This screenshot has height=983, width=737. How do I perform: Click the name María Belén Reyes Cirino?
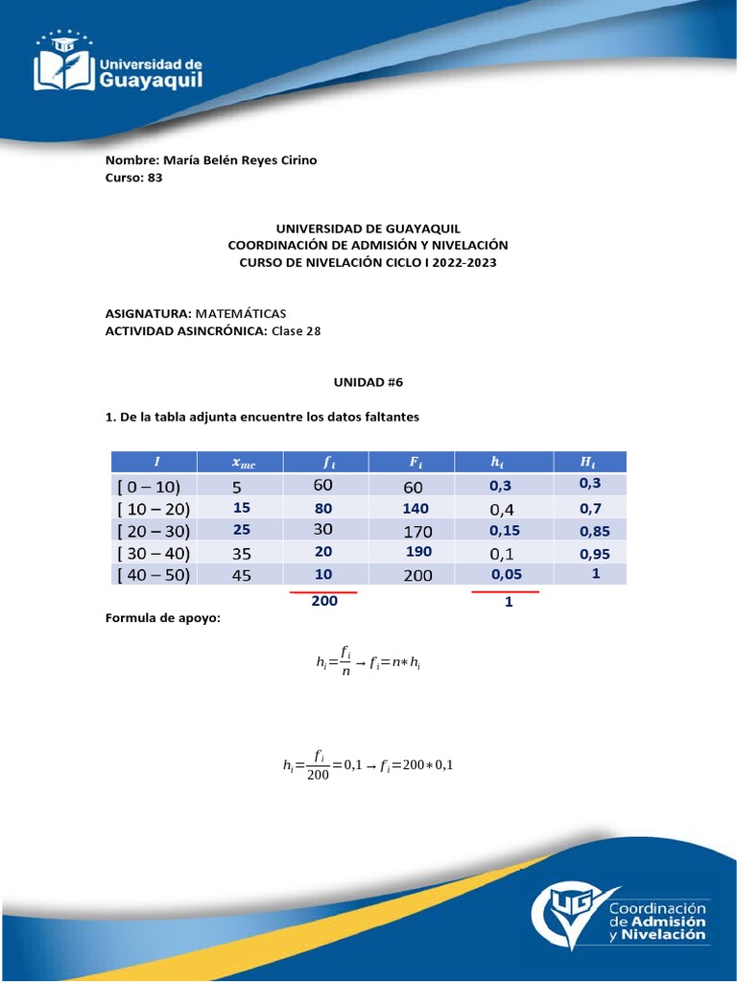click(240, 160)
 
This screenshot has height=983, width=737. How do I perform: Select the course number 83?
click(155, 178)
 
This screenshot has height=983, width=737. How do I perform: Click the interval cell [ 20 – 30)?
click(153, 531)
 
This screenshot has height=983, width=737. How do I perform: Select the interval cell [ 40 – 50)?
click(153, 575)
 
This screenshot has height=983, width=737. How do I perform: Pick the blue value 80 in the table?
click(323, 509)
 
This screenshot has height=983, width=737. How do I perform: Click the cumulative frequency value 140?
click(416, 509)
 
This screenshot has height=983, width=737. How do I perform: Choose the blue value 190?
click(418, 552)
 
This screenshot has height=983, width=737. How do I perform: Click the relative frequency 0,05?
click(507, 575)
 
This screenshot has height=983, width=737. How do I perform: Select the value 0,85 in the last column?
click(594, 531)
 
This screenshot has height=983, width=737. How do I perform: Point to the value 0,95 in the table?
click(594, 554)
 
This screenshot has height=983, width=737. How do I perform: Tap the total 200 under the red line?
click(324, 603)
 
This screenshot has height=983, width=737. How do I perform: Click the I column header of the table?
click(155, 463)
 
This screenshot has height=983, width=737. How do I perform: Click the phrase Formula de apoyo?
click(162, 617)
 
